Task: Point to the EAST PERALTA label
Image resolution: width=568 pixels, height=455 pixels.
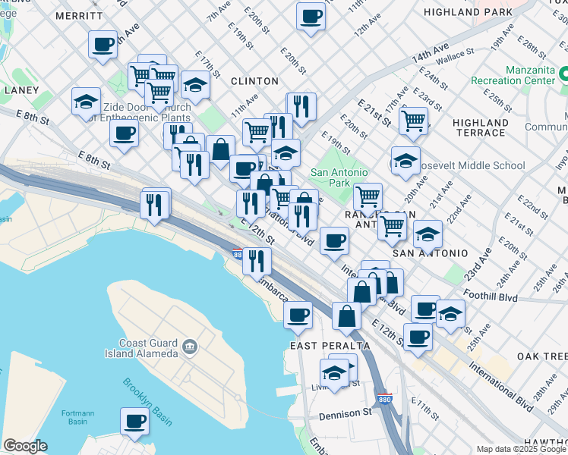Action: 330,345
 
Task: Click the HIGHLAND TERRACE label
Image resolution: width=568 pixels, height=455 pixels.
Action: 479,127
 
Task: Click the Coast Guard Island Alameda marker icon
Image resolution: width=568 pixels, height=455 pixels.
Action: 189,347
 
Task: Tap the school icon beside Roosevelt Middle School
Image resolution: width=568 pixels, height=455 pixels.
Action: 405,161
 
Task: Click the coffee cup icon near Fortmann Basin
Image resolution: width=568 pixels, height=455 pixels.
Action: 135,421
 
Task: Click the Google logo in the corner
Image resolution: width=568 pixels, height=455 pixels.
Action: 26,446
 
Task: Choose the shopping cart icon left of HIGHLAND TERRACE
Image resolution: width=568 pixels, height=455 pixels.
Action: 413,120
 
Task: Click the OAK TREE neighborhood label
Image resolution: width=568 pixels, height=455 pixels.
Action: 541,356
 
